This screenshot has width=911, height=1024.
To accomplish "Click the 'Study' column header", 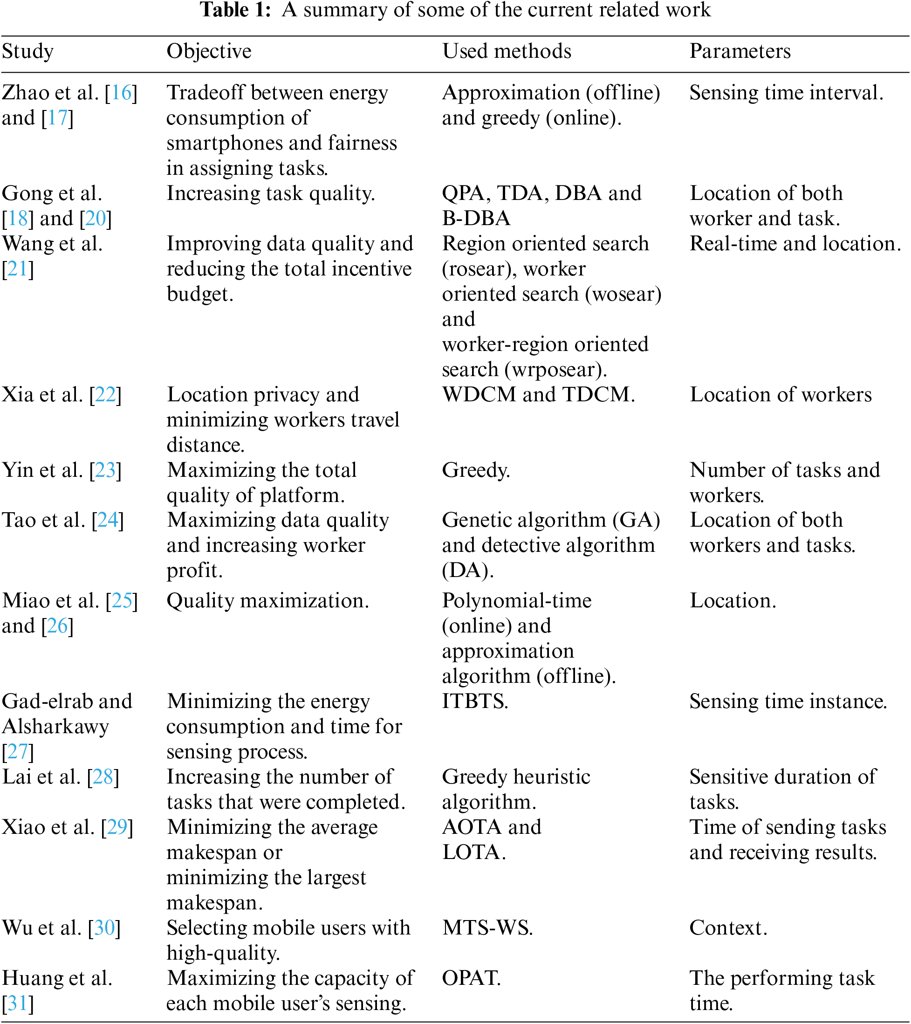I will coord(27,52).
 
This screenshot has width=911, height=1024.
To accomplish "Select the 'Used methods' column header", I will coord(507,52).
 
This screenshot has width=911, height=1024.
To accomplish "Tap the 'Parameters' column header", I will coord(740,52).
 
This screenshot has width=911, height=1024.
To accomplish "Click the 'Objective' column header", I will coord(209,52).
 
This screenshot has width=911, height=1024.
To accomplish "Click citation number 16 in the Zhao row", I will coord(121,93).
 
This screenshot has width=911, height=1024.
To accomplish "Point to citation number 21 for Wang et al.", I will coord(18,269).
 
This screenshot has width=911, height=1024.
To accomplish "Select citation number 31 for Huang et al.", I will coord(18,1003).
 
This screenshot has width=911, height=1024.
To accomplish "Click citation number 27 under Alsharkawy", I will coord(18,751).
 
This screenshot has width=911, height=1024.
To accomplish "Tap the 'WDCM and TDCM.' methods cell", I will coord(538,395).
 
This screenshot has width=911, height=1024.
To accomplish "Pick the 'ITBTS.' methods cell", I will coord(475,701).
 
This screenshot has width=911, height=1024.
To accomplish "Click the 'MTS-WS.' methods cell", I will coord(487,928).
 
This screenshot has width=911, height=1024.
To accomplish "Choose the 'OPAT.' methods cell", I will coord(471,978).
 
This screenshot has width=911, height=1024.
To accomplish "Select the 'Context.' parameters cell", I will coord(728,928).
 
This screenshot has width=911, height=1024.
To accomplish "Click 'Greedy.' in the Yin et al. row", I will coord(476,470).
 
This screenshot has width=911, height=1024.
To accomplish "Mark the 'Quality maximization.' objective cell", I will coord(267,601).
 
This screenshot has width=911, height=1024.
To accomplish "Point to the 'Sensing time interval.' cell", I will coord(786,93).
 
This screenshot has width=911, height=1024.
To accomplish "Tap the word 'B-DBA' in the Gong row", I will coord(476,219).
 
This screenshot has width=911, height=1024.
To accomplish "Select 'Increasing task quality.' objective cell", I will coord(270,193).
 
